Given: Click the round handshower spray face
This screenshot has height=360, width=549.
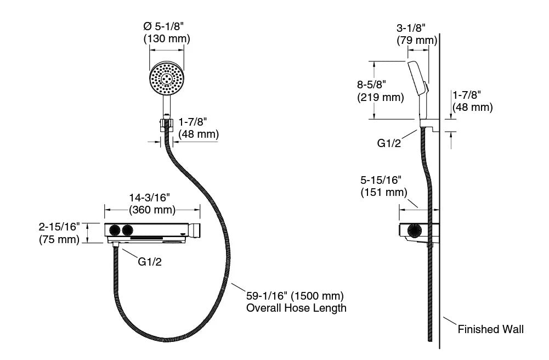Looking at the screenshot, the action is (167, 78).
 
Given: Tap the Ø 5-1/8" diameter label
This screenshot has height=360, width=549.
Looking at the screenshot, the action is (163, 26).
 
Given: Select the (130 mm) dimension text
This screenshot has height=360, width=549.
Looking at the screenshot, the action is (167, 38).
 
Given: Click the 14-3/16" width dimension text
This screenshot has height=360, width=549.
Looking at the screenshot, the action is (150, 198).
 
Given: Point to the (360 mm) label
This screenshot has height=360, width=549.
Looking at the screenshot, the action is (152, 210).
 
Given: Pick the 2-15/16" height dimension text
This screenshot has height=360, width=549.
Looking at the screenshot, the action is (59, 227).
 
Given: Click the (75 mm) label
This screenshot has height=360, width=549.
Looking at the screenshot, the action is (59, 239).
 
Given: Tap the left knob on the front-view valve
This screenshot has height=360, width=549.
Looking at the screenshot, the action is (115, 230).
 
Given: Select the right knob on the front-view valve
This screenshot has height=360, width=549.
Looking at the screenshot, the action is (127, 230).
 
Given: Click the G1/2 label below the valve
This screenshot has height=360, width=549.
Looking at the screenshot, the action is (150, 262).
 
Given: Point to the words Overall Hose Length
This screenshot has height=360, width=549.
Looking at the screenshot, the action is (296, 308).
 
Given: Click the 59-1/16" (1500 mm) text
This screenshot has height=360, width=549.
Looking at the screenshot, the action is (295, 296).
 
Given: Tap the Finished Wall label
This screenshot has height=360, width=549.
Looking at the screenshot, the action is (491, 329).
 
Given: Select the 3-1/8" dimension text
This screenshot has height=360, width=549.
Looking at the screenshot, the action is (411, 27).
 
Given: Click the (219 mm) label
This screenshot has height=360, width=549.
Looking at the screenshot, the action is (381, 97).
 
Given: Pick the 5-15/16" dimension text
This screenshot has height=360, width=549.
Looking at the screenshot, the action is (381, 180).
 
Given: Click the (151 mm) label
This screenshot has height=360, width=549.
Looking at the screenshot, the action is (384, 192).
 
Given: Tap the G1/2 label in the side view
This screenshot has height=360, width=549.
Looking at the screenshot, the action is (389, 143).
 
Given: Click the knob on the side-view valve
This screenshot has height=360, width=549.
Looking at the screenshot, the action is (414, 231).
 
